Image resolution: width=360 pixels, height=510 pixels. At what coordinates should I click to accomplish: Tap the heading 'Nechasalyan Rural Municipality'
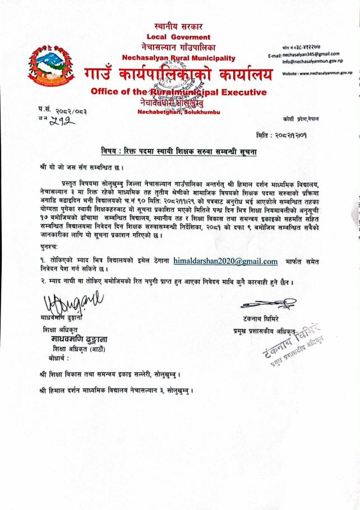pos(179,58)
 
